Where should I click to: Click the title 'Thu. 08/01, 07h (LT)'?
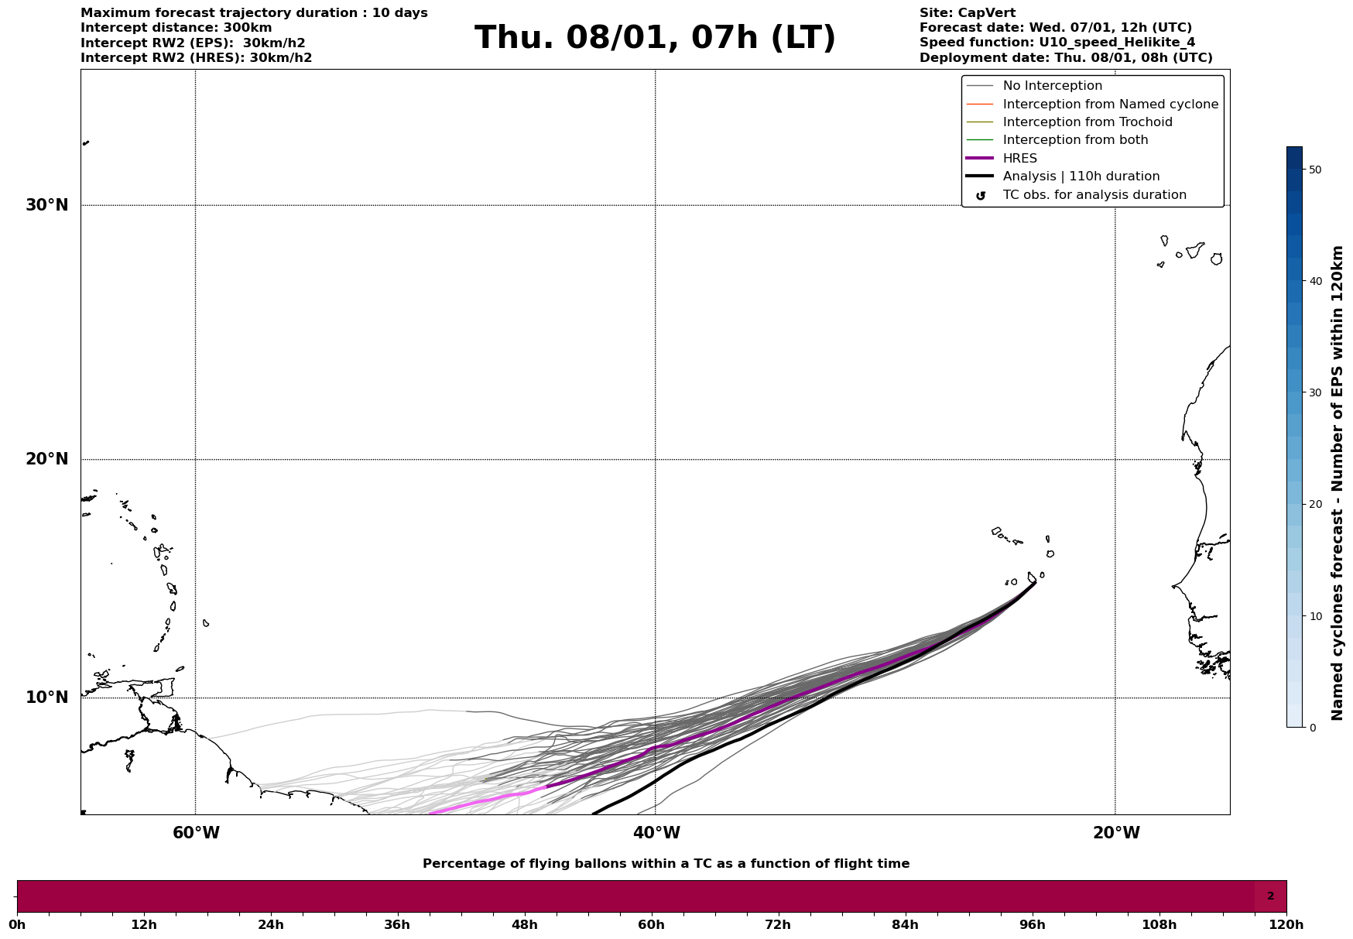655,38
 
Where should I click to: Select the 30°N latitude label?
47,205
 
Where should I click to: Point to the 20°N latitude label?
47,459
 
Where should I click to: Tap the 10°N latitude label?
47,697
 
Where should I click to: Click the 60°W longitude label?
196,833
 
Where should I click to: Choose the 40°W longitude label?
656,833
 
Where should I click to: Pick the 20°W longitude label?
1116,833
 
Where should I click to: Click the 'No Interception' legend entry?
1052,86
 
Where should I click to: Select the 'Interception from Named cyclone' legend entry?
1110,105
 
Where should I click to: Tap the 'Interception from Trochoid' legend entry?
1087,122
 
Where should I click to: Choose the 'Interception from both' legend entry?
1075,140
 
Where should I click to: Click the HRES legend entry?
1019,159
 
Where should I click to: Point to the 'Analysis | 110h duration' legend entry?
1081,176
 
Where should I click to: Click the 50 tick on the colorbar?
1314,170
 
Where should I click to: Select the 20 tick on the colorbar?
1314,505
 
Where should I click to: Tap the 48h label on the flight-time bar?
524,924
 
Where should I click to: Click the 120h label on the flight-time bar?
1286,924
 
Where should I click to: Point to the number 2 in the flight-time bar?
1270,896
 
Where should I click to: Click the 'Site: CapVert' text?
967,13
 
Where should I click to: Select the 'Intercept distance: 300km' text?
176,28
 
